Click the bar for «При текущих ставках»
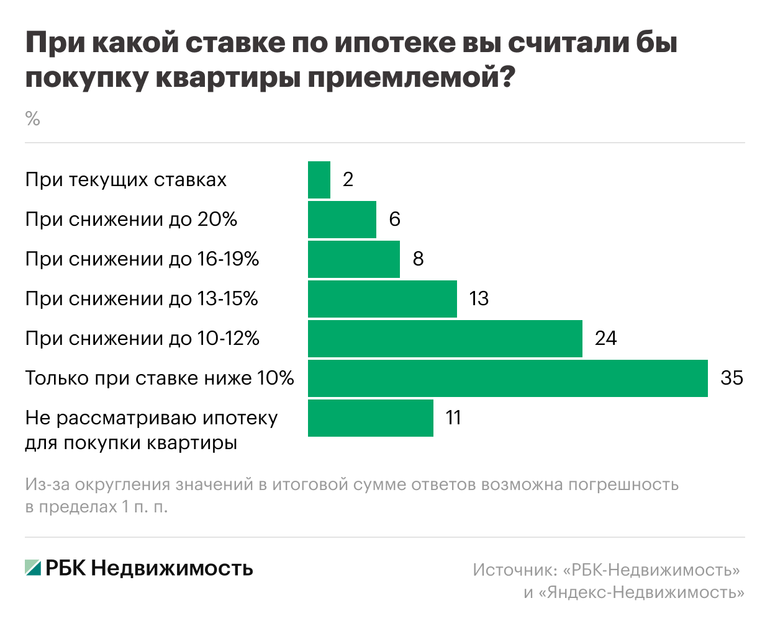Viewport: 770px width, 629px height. click(x=319, y=180)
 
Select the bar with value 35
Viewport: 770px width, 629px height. click(x=507, y=378)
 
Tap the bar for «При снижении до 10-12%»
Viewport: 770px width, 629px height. click(x=445, y=339)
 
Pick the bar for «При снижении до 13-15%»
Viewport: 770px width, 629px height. click(x=382, y=299)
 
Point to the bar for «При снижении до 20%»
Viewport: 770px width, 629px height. click(x=342, y=220)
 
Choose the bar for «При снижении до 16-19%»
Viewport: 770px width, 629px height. click(x=354, y=259)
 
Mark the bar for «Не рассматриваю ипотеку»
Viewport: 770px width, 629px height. click(x=370, y=418)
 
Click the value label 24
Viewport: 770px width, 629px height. click(x=605, y=338)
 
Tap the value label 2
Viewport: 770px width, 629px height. click(x=348, y=179)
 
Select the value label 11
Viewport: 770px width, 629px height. click(x=453, y=417)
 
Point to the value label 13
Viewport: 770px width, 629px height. click(x=479, y=298)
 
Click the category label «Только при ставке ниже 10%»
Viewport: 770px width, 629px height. click(x=160, y=378)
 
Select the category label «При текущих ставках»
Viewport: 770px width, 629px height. click(x=126, y=180)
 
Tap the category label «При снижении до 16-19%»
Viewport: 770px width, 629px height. click(x=142, y=259)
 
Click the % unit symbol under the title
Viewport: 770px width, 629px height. click(x=33, y=118)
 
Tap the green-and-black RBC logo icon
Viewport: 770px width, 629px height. click(x=33, y=567)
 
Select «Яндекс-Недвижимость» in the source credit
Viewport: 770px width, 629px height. click(x=641, y=592)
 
